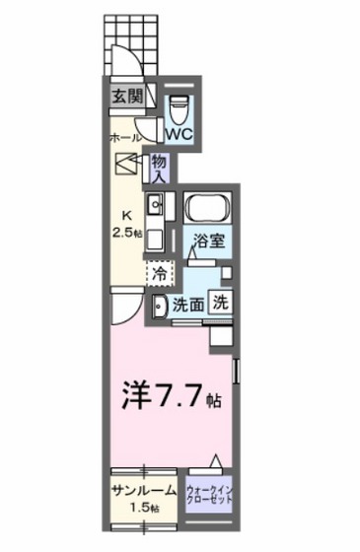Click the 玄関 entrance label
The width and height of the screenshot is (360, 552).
[x=125, y=96]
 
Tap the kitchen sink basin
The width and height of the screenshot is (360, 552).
[x=156, y=206]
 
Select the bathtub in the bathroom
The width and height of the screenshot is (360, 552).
[x=207, y=210]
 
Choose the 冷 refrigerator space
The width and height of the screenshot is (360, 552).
[x=159, y=270]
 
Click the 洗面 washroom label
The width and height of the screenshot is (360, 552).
[x=189, y=306]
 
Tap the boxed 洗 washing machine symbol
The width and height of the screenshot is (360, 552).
[x=223, y=305]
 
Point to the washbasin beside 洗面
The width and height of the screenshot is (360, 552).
[x=159, y=306]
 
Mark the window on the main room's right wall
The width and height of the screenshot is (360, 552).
[x=237, y=374]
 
